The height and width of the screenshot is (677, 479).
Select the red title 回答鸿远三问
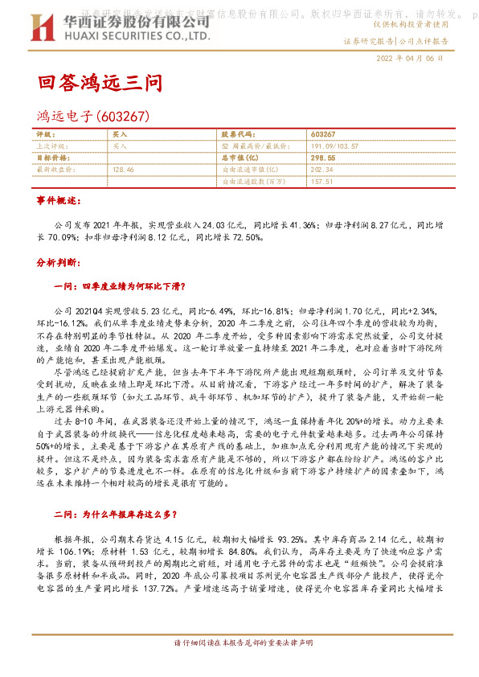click(x=100, y=83)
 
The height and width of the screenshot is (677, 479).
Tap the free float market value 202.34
click(x=321, y=170)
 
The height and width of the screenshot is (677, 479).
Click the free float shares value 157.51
click(x=321, y=182)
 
